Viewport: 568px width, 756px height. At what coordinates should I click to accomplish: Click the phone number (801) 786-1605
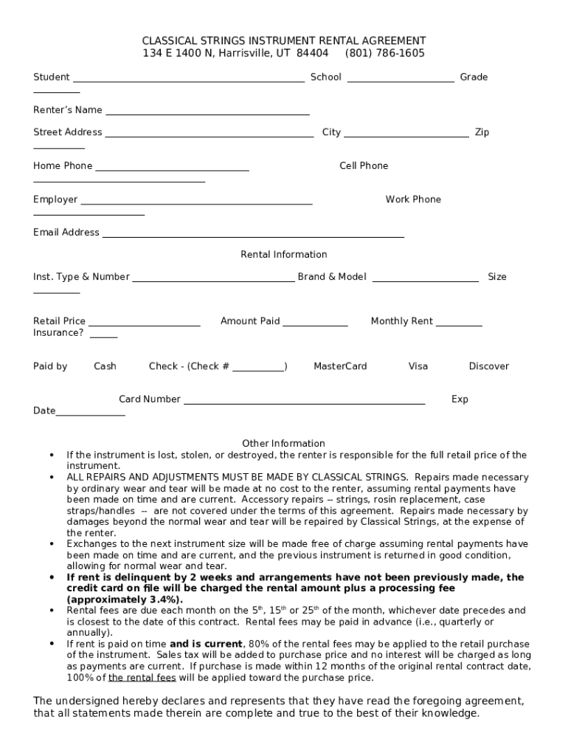coord(384,53)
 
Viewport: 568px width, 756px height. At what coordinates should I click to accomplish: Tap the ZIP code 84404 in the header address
coord(312,53)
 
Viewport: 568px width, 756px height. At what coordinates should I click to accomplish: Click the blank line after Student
coord(188,80)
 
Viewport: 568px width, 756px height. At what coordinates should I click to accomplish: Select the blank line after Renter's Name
coord(207,114)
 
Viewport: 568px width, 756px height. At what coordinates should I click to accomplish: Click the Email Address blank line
coord(253,236)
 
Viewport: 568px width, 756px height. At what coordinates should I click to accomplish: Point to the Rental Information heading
coord(284,255)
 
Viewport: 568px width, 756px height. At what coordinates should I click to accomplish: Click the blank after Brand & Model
coord(426,281)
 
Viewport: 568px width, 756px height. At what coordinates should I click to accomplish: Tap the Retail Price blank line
coord(145,324)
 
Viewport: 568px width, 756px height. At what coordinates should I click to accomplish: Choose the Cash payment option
coord(105,366)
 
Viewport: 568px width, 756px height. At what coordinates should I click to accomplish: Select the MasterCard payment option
coord(340,366)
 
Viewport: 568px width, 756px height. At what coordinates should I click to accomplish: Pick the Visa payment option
coord(418,366)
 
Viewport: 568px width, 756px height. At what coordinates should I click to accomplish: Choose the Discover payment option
coord(488,366)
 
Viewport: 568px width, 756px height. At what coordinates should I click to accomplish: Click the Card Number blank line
coord(304,403)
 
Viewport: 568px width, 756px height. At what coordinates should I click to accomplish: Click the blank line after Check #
coord(258,370)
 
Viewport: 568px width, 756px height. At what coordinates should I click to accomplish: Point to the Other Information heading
coord(283,444)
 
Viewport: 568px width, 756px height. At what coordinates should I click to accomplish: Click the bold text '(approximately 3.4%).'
coord(125,599)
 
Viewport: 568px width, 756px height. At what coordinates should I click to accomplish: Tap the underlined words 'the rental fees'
coord(142,678)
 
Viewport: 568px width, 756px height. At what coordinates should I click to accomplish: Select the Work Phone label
coord(413,199)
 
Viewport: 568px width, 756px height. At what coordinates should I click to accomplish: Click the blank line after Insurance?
coord(103,336)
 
